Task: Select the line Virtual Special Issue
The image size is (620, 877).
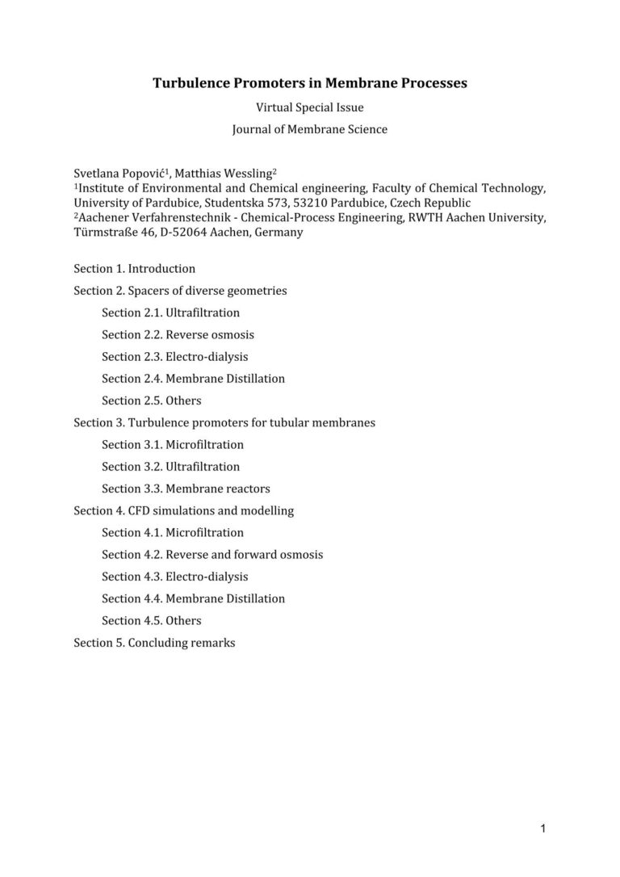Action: (x=310, y=107)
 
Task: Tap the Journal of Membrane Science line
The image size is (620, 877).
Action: (x=310, y=129)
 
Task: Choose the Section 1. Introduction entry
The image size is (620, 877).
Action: (x=134, y=268)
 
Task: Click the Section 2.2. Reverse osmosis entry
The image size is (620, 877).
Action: (x=178, y=334)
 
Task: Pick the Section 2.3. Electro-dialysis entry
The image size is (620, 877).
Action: (x=174, y=356)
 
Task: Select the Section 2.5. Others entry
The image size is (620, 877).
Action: (x=151, y=401)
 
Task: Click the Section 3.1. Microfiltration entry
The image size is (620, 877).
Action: (x=172, y=444)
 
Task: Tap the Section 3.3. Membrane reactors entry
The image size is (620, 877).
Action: (x=186, y=489)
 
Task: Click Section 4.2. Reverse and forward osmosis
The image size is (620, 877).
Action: (x=212, y=555)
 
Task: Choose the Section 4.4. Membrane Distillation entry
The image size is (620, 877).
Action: (x=193, y=598)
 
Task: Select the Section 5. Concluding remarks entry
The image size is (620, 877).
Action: (x=154, y=643)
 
